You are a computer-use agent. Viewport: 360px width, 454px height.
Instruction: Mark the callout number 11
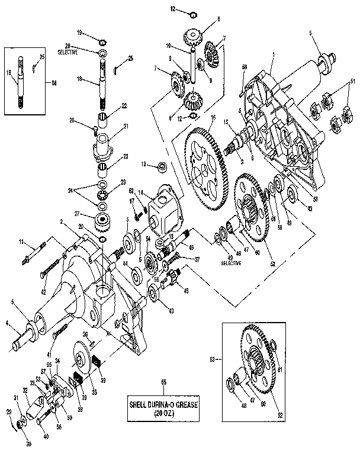click(x=20, y=242)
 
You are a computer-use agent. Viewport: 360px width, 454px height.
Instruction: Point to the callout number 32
click(x=25, y=390)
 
